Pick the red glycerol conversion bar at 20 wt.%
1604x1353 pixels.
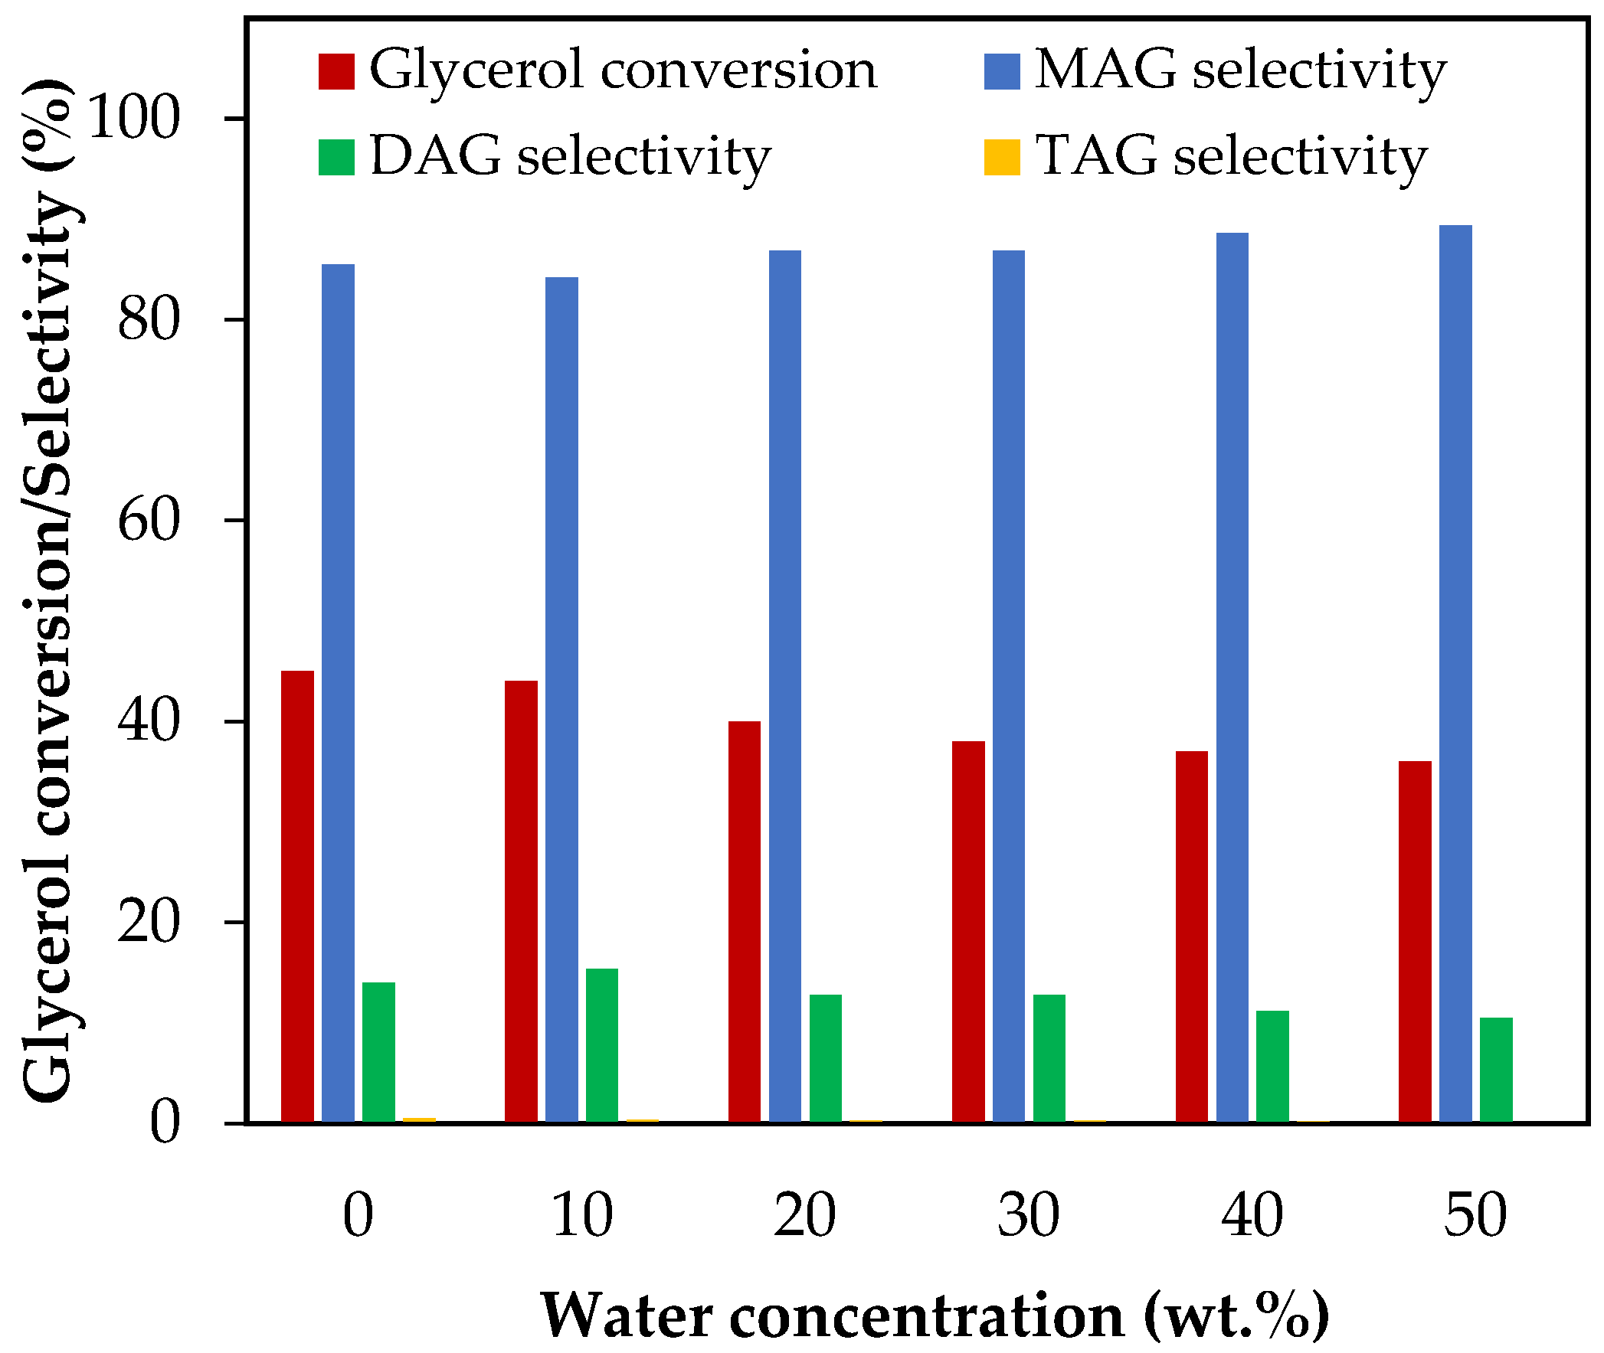[x=744, y=921]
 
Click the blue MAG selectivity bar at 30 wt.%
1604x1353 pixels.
[x=1008, y=686]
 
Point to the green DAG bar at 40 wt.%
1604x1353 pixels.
[x=1272, y=1066]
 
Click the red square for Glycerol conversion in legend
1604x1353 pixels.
[x=336, y=71]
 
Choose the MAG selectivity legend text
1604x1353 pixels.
[x=1239, y=70]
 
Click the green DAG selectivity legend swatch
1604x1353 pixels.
[x=336, y=157]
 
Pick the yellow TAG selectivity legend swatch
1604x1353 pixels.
[x=1002, y=157]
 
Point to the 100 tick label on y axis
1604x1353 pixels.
[x=134, y=119]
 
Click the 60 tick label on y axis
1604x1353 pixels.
[x=149, y=521]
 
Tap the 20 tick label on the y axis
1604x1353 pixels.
[x=149, y=923]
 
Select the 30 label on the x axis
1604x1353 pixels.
[x=1028, y=1216]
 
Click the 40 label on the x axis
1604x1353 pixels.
[x=1251, y=1216]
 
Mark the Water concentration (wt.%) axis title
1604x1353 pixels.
[x=935, y=1316]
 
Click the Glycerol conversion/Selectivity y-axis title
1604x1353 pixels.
[x=47, y=590]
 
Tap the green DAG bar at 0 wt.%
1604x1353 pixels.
[x=378, y=1051]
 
